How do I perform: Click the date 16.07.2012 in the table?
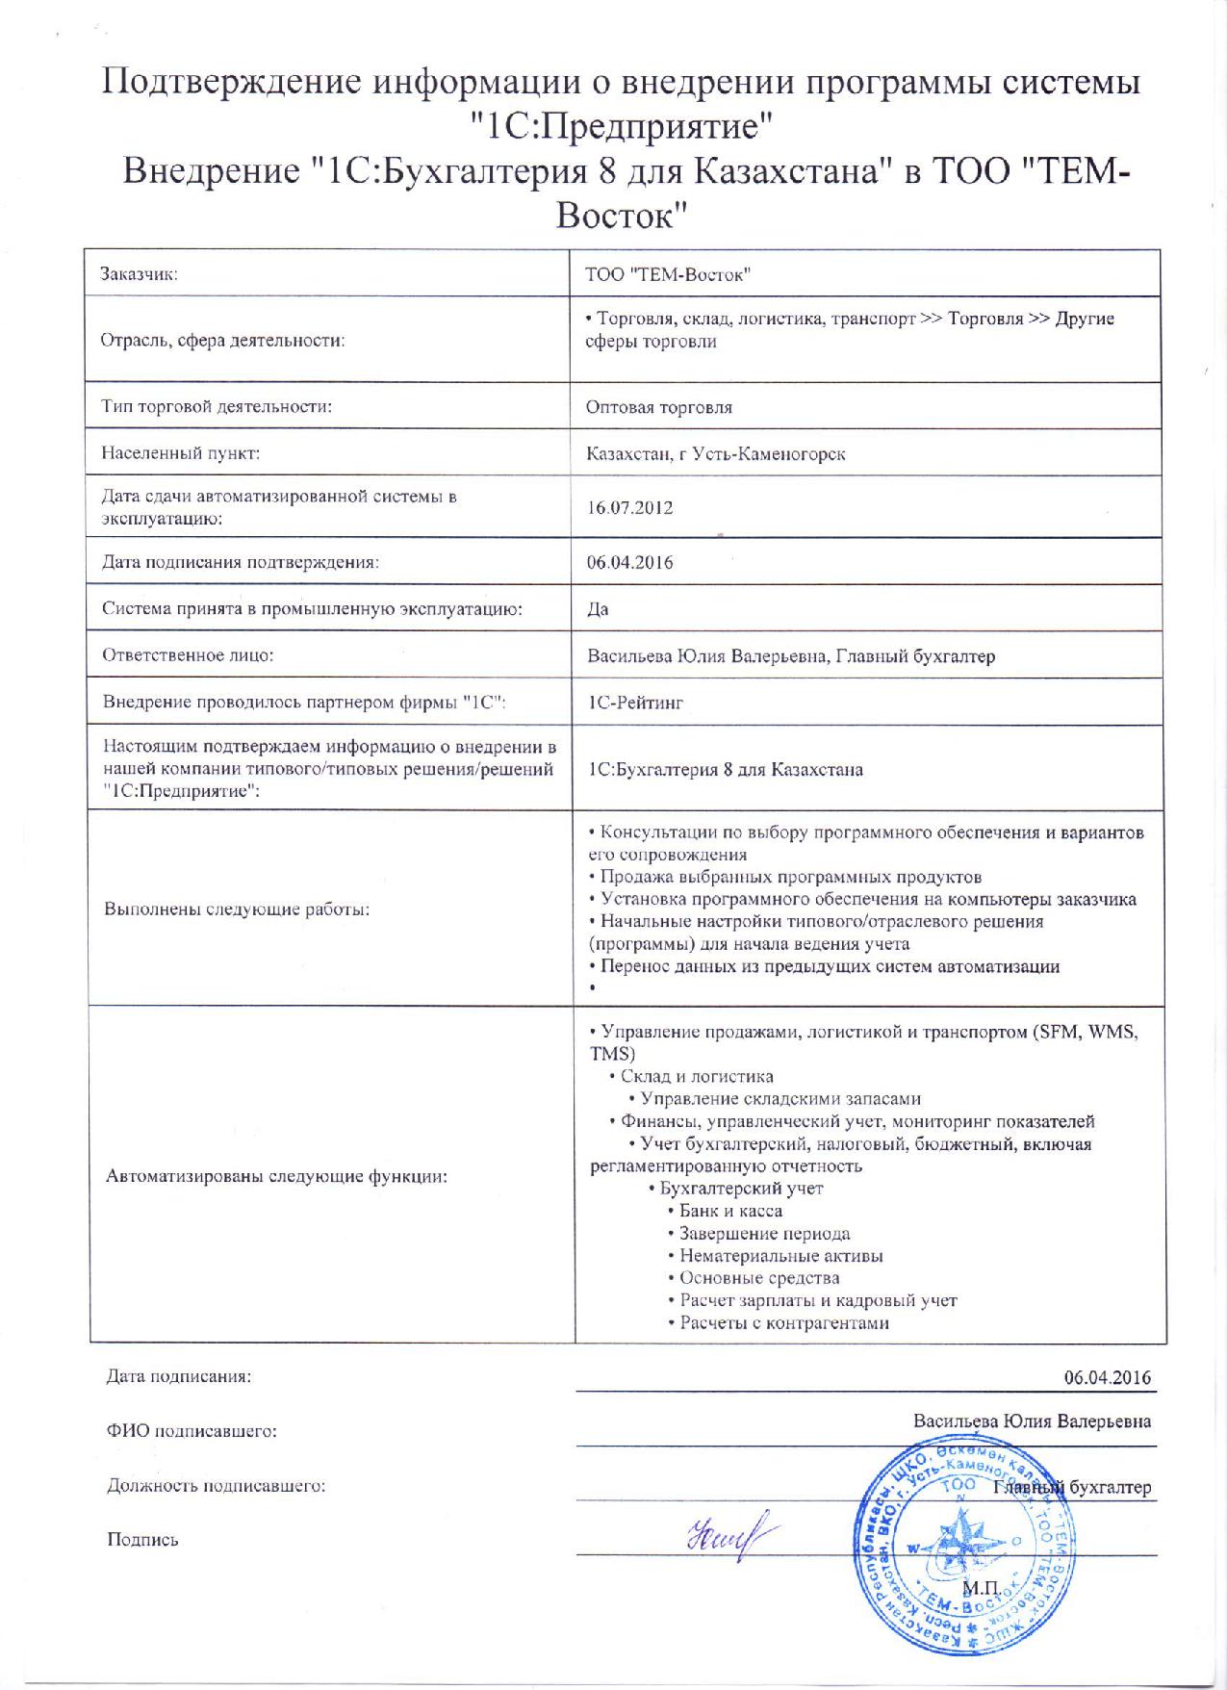tap(629, 507)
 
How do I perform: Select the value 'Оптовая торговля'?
tap(659, 407)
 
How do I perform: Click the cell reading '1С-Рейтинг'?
tap(635, 704)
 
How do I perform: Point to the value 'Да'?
tap(598, 609)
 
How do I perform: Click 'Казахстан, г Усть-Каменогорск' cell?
tap(716, 453)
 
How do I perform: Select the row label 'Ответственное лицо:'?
tap(189, 655)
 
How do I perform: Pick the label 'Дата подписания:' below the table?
tap(179, 1376)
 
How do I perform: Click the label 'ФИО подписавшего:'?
tap(192, 1431)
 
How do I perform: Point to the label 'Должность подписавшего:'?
tap(217, 1485)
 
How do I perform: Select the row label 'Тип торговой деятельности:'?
tap(217, 406)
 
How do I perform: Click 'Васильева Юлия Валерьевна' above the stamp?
tap(1032, 1421)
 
